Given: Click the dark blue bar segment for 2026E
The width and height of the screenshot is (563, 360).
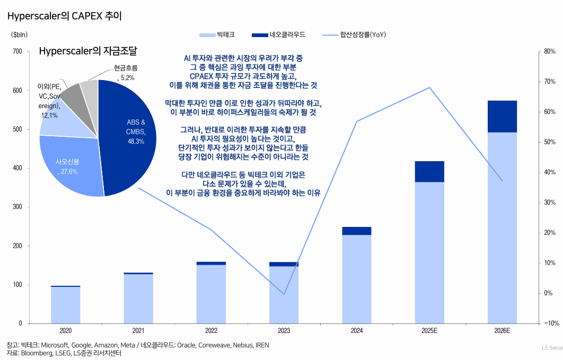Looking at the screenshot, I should tap(502, 116).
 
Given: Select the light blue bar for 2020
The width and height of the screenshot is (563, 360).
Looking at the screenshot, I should tap(66, 305).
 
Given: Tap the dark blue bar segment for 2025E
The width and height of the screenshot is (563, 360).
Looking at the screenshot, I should tap(429, 171).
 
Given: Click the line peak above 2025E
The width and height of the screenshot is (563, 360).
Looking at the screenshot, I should tap(429, 87).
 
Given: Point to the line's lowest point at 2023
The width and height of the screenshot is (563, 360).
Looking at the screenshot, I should tap(284, 294).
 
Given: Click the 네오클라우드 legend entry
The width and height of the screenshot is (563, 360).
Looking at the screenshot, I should tap(278, 35).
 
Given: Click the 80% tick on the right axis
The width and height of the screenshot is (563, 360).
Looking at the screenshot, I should tap(549, 51).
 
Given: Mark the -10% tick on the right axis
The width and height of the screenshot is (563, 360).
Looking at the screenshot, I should tap(549, 323).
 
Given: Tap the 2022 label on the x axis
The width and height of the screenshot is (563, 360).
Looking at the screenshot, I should tap(211, 331).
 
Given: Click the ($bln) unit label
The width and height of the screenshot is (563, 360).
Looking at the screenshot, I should tap(19, 34).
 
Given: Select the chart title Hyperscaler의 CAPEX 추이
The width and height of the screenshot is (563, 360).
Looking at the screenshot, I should tap(65, 16).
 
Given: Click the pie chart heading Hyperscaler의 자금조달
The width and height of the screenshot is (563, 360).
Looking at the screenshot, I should tap(88, 51).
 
